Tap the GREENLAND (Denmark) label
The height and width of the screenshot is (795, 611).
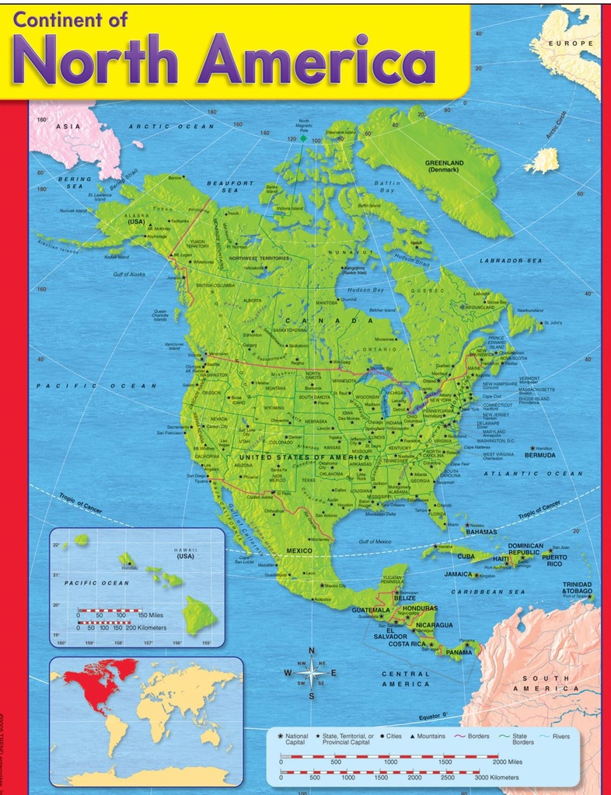click(444, 166)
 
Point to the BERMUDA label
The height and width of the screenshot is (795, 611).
click(540, 455)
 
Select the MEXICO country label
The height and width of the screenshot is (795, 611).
click(299, 550)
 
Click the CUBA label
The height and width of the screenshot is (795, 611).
click(466, 556)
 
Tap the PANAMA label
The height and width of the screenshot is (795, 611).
click(459, 652)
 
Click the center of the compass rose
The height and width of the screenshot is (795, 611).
click(312, 672)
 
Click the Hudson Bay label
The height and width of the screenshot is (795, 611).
click(365, 290)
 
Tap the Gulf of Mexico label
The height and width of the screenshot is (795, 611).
click(375, 541)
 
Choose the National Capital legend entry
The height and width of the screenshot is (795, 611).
click(296, 739)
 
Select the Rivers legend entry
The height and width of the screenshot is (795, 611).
click(560, 736)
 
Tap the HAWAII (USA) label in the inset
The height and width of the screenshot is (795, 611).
click(185, 553)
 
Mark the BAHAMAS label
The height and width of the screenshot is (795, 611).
click(481, 532)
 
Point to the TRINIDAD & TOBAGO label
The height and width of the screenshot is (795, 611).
click(577, 588)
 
